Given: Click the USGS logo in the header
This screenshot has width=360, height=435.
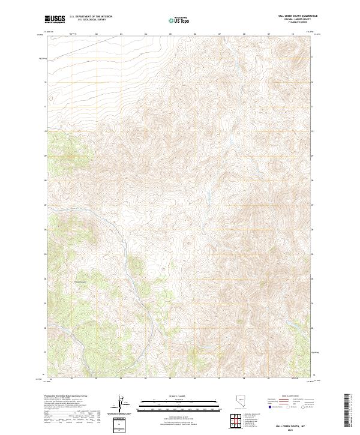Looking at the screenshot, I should click(55, 19).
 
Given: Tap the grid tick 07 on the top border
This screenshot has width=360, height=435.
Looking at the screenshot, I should click(219, 34).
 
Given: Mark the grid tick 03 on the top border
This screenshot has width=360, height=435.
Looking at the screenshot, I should click(121, 34).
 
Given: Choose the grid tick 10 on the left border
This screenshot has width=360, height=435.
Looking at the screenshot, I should click(45, 130).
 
